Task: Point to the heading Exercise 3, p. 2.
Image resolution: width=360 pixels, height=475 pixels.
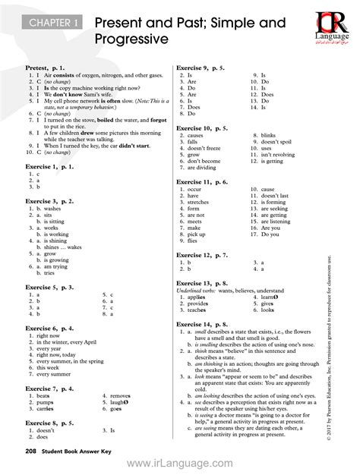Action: click(x=50, y=201)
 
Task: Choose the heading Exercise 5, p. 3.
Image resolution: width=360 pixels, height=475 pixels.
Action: click(x=50, y=288)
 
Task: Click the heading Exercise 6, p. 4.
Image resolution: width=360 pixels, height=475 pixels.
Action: click(x=50, y=328)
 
